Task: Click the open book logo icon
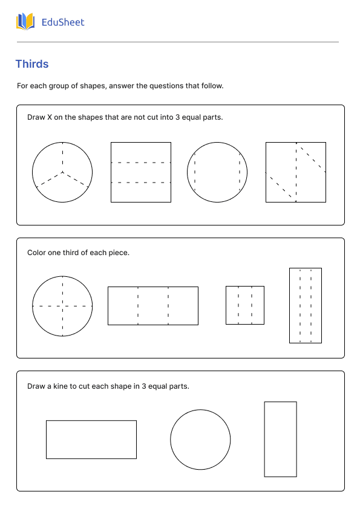(x=25, y=22)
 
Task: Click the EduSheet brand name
(x=63, y=22)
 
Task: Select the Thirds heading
(x=32, y=64)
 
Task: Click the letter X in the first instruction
(x=50, y=117)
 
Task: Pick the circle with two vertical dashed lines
(x=217, y=142)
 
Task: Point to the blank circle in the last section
(x=200, y=409)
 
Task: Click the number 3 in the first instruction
(x=178, y=117)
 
